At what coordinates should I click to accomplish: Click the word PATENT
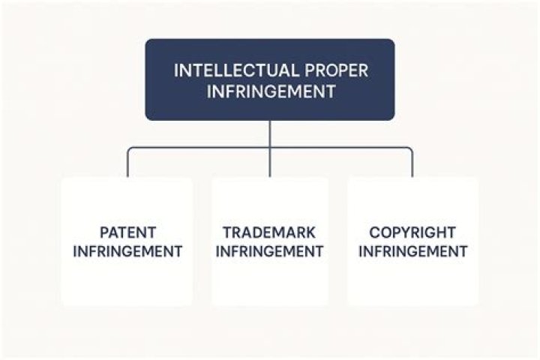(127, 232)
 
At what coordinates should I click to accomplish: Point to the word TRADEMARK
(269, 232)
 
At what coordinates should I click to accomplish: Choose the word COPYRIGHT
(412, 232)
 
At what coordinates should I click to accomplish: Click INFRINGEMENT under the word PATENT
(127, 251)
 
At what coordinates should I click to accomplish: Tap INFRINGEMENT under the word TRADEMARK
(269, 251)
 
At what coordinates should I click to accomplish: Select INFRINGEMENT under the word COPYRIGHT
(412, 251)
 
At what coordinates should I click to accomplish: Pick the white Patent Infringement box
(127, 285)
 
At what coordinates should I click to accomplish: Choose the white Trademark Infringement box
(269, 285)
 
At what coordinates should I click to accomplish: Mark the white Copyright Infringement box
(412, 285)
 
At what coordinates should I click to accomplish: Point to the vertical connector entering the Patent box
(127, 166)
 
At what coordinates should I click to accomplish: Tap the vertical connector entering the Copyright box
(412, 166)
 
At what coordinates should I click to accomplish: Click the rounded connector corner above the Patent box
(130, 150)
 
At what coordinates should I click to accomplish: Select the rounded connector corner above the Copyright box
(410, 150)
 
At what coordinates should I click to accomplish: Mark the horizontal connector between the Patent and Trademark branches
(199, 148)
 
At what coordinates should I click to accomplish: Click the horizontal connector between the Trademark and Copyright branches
(341, 148)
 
